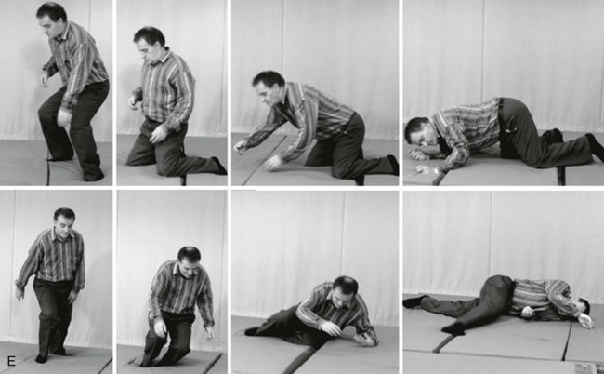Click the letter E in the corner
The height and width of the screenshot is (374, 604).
tap(11, 361)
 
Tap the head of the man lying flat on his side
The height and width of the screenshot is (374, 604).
tap(584, 306)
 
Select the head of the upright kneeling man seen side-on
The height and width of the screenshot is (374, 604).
tap(149, 43)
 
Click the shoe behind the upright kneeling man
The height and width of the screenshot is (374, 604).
tap(219, 166)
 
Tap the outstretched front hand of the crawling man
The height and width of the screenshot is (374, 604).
tap(241, 146)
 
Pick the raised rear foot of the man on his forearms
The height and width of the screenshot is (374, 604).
tap(595, 146)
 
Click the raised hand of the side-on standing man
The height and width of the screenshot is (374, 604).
tap(46, 79)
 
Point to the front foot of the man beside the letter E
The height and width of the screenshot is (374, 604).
tap(42, 358)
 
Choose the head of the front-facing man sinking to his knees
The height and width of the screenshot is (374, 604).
tap(189, 261)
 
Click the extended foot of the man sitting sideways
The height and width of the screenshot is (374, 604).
tap(252, 331)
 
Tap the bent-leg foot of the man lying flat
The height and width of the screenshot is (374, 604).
tap(453, 328)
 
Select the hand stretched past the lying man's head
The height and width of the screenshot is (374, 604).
tap(585, 321)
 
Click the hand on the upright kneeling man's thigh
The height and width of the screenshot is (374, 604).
tap(158, 133)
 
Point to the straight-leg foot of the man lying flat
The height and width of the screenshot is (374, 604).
tap(414, 301)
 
